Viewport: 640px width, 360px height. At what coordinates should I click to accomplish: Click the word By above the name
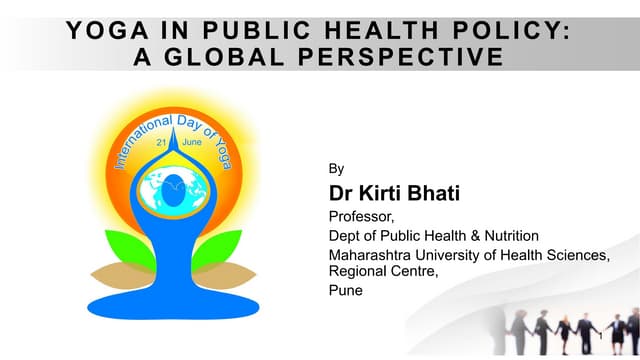(336, 169)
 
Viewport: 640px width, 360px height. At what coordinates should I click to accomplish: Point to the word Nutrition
(509, 236)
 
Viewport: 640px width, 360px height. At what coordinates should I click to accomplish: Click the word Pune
(346, 292)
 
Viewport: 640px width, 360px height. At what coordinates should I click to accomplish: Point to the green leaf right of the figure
(221, 250)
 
